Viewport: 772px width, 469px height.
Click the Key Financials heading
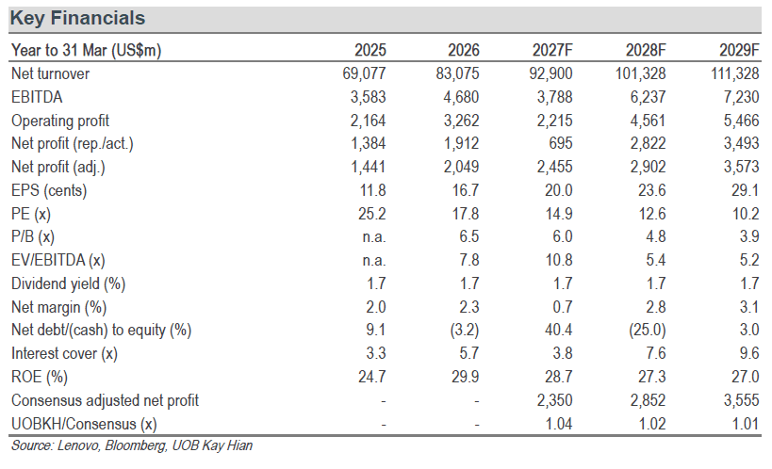point(78,18)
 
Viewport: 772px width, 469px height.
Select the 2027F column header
point(552,50)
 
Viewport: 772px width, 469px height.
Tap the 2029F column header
point(739,50)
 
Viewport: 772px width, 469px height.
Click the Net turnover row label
point(50,73)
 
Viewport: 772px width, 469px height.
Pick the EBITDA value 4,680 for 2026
point(461,97)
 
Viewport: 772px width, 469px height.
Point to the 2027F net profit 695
point(560,143)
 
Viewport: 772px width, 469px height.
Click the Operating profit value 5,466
point(741,121)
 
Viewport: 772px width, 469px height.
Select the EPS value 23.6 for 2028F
point(652,190)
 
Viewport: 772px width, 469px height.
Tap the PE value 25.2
point(371,214)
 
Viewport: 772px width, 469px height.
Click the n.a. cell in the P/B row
point(374,237)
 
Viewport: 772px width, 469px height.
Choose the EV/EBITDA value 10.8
point(559,260)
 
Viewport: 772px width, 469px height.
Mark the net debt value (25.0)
point(648,330)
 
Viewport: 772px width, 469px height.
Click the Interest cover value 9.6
point(748,353)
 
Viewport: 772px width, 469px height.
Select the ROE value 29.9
point(466,377)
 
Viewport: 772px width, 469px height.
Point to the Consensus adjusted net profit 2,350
point(555,400)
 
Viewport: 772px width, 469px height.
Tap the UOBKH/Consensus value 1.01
point(746,424)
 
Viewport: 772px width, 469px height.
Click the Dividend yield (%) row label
point(69,284)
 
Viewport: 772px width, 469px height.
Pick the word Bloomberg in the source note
point(136,445)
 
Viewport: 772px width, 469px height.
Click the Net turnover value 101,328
point(641,73)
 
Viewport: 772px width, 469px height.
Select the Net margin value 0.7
point(562,307)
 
